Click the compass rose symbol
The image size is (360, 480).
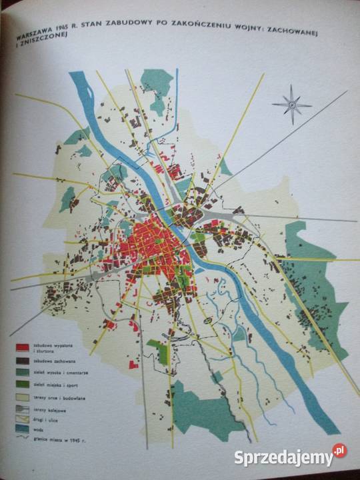click(292, 103)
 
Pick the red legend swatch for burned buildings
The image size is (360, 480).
click(25, 348)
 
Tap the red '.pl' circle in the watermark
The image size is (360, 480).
click(340, 451)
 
